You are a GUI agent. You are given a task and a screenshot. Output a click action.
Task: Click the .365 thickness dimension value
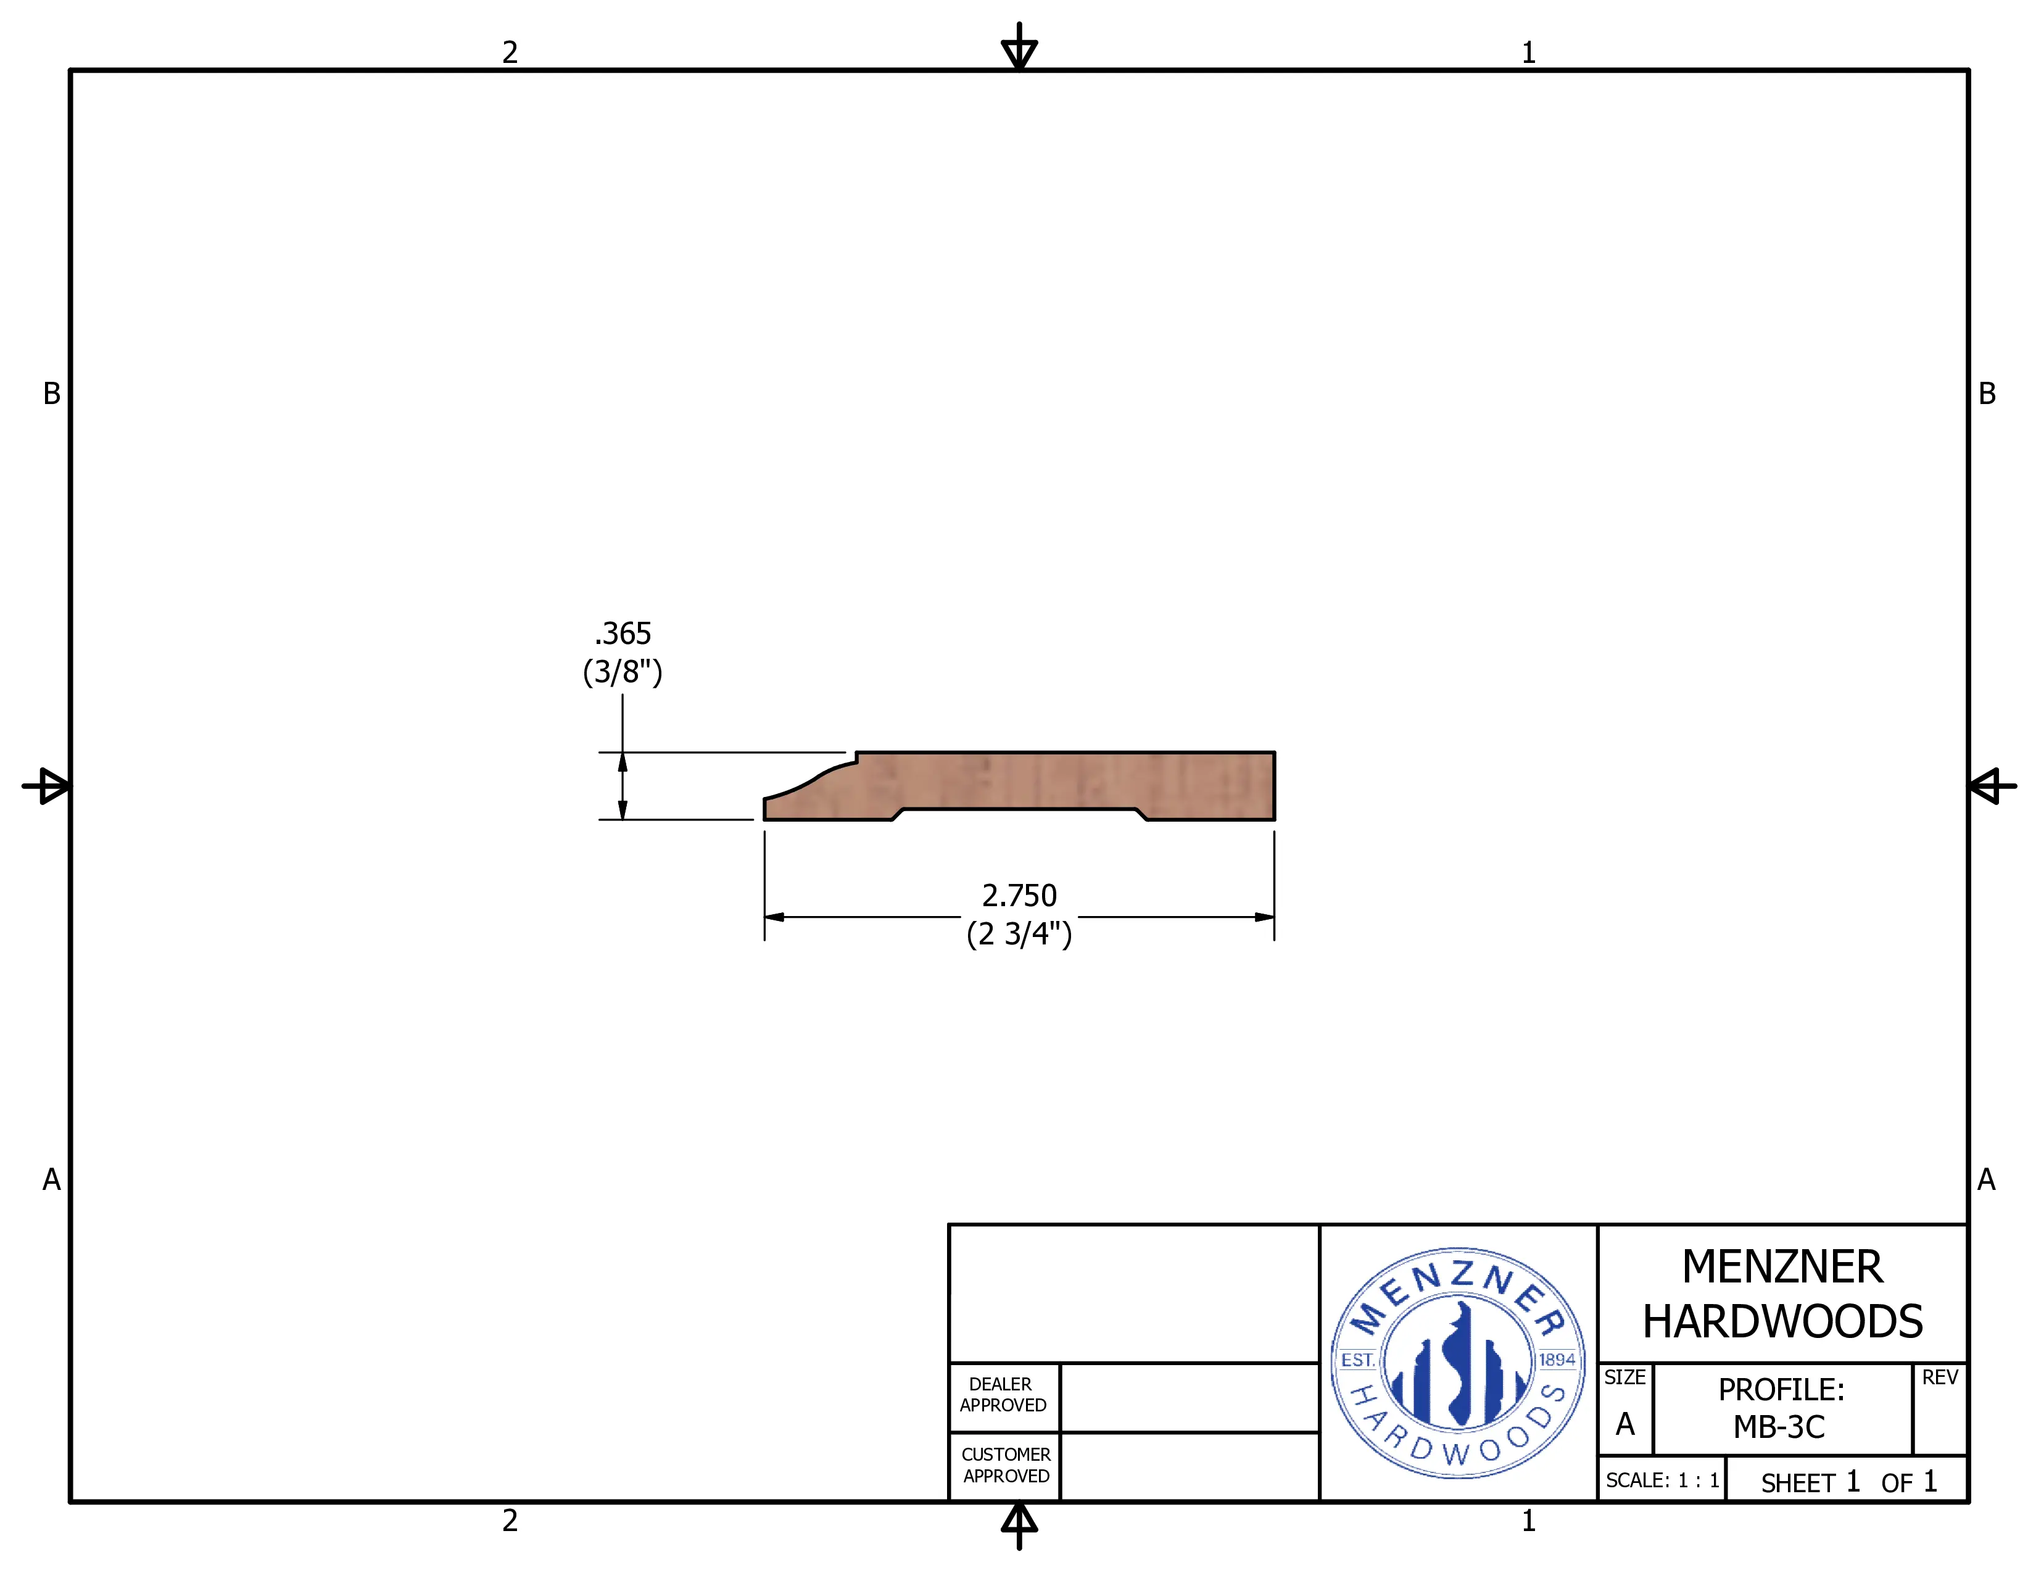point(623,634)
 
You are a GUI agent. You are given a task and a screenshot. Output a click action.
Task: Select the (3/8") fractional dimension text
point(623,672)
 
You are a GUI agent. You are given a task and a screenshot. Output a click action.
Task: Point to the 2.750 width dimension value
point(1019,896)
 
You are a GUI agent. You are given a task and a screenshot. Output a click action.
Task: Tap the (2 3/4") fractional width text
point(1019,934)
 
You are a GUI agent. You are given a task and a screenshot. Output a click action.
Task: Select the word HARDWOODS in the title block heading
point(1782,1321)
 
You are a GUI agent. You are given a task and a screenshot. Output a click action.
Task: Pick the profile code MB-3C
point(1779,1427)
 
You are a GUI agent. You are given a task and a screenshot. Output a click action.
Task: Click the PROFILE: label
point(1782,1389)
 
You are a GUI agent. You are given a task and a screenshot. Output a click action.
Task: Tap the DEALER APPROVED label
point(1003,1394)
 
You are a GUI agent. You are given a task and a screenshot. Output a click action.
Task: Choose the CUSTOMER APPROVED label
point(1006,1465)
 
